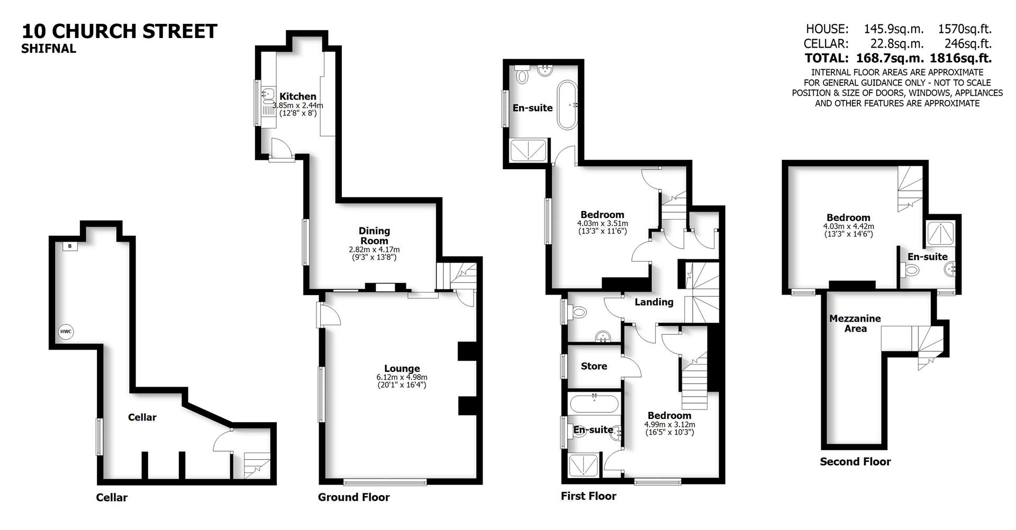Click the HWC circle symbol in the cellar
(66, 332)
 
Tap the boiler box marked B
(69, 246)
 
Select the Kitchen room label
(298, 96)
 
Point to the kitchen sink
(267, 96)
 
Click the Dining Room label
(374, 235)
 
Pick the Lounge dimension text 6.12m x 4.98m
(402, 377)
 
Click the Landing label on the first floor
(654, 302)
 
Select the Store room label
(594, 366)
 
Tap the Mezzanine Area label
(855, 323)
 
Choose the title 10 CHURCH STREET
(120, 31)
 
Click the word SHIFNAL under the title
(49, 49)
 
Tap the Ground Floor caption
(353, 497)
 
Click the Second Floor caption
(855, 461)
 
